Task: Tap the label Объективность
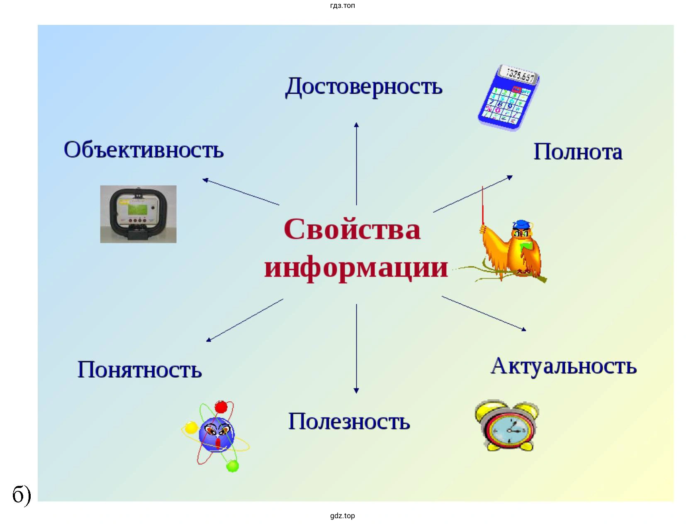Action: (x=144, y=150)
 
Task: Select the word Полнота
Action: (x=578, y=152)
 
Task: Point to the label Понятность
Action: (x=139, y=369)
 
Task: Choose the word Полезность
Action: (x=349, y=421)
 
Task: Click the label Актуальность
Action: (x=564, y=366)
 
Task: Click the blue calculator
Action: (x=509, y=98)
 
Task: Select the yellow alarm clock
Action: (x=506, y=426)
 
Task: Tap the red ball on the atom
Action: (x=221, y=407)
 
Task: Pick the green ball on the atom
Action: (x=232, y=466)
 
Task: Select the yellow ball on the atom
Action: (x=191, y=427)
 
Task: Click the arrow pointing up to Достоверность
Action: (x=356, y=164)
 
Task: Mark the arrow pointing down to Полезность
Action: (x=356, y=349)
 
